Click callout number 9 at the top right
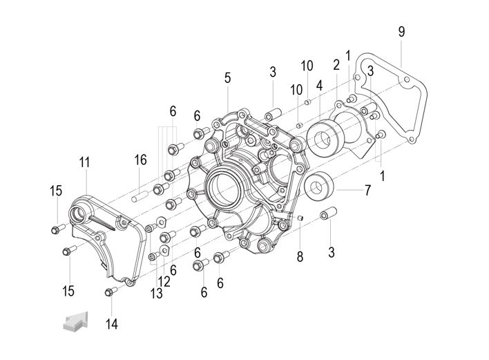tap(401, 31)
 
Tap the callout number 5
tap(227, 77)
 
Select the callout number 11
tap(84, 163)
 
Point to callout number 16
tap(140, 160)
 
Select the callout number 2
tap(336, 66)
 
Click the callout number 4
tap(319, 86)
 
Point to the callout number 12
tap(164, 281)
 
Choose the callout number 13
tap(156, 294)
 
